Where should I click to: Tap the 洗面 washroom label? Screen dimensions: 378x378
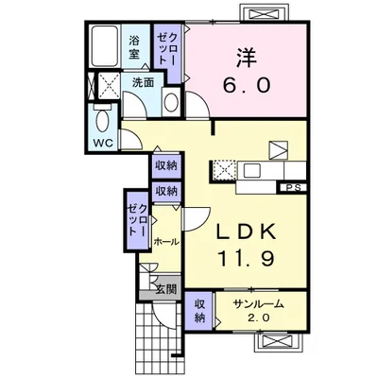(x=143, y=83)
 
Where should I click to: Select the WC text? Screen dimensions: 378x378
(x=101, y=144)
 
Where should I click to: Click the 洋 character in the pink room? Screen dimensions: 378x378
(x=248, y=56)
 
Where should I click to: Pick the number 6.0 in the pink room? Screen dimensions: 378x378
(x=248, y=85)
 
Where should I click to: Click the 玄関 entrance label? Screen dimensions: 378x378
(x=166, y=289)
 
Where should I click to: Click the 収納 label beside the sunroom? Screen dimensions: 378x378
(x=201, y=311)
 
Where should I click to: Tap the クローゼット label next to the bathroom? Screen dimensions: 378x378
(x=168, y=46)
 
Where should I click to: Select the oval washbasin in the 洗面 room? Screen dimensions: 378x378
(x=171, y=100)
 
